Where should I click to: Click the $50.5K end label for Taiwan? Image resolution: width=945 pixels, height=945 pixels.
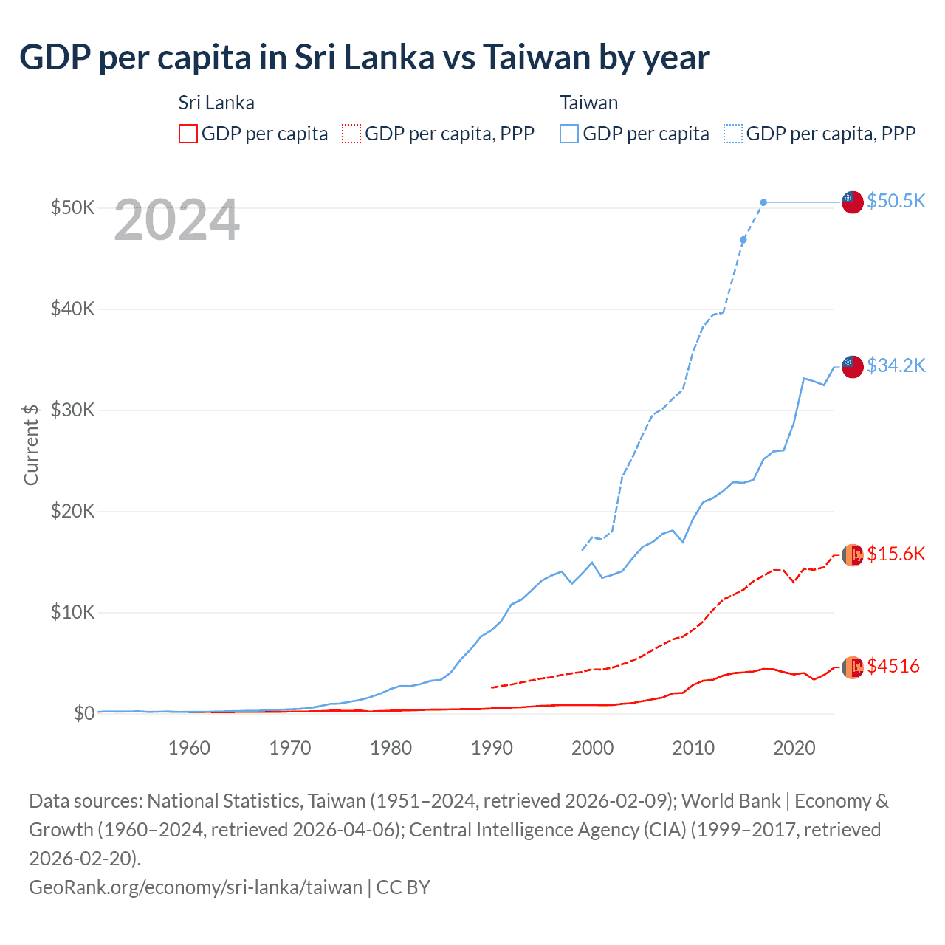point(896,201)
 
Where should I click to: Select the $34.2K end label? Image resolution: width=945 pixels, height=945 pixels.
point(896,365)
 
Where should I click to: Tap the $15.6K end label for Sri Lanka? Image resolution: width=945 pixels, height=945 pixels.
point(896,554)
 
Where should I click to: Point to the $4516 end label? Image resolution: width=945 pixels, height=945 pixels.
point(893,666)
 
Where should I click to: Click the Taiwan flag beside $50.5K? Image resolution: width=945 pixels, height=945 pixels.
point(853,202)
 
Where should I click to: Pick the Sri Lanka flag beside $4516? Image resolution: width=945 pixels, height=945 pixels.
point(853,667)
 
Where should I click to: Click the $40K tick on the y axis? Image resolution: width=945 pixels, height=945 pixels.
point(72,309)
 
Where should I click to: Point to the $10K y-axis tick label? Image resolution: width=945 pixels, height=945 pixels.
point(72,612)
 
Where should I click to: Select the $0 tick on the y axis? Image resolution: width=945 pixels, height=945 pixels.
point(84,713)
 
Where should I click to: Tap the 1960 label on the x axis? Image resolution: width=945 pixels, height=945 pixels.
point(189,748)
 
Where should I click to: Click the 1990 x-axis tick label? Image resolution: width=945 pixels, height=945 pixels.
point(492,748)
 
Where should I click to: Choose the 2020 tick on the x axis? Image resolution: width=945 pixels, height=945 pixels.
point(794,748)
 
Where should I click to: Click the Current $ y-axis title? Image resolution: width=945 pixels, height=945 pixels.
point(31,444)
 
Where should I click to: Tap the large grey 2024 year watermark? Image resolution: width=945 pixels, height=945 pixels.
point(176,220)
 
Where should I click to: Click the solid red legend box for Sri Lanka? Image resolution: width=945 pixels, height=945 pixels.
point(188,134)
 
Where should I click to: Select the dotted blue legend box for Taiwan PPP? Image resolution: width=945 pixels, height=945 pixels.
point(733,134)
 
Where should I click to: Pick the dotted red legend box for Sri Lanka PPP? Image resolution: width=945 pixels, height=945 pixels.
point(351,134)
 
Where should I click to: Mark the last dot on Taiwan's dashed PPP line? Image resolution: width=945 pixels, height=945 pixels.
point(763,202)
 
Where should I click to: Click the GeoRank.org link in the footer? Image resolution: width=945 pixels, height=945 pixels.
point(196,887)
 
